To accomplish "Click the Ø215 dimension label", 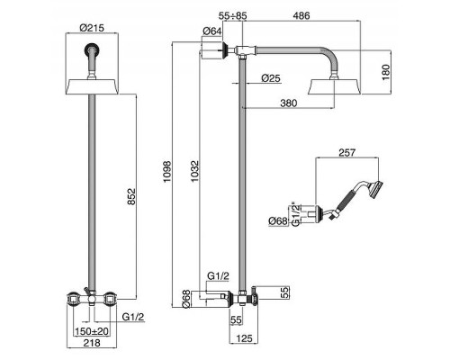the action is [x=92, y=28].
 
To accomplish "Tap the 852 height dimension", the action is [x=131, y=196].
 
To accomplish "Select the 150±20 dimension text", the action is [x=92, y=331].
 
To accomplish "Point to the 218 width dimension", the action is [x=92, y=343].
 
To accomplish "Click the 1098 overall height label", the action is [x=166, y=172].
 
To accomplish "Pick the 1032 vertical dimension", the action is [x=194, y=172].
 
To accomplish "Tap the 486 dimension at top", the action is [x=301, y=15].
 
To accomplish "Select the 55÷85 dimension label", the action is [x=233, y=15].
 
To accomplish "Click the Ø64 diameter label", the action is [x=212, y=31].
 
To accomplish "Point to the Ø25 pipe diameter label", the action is [x=271, y=78].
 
